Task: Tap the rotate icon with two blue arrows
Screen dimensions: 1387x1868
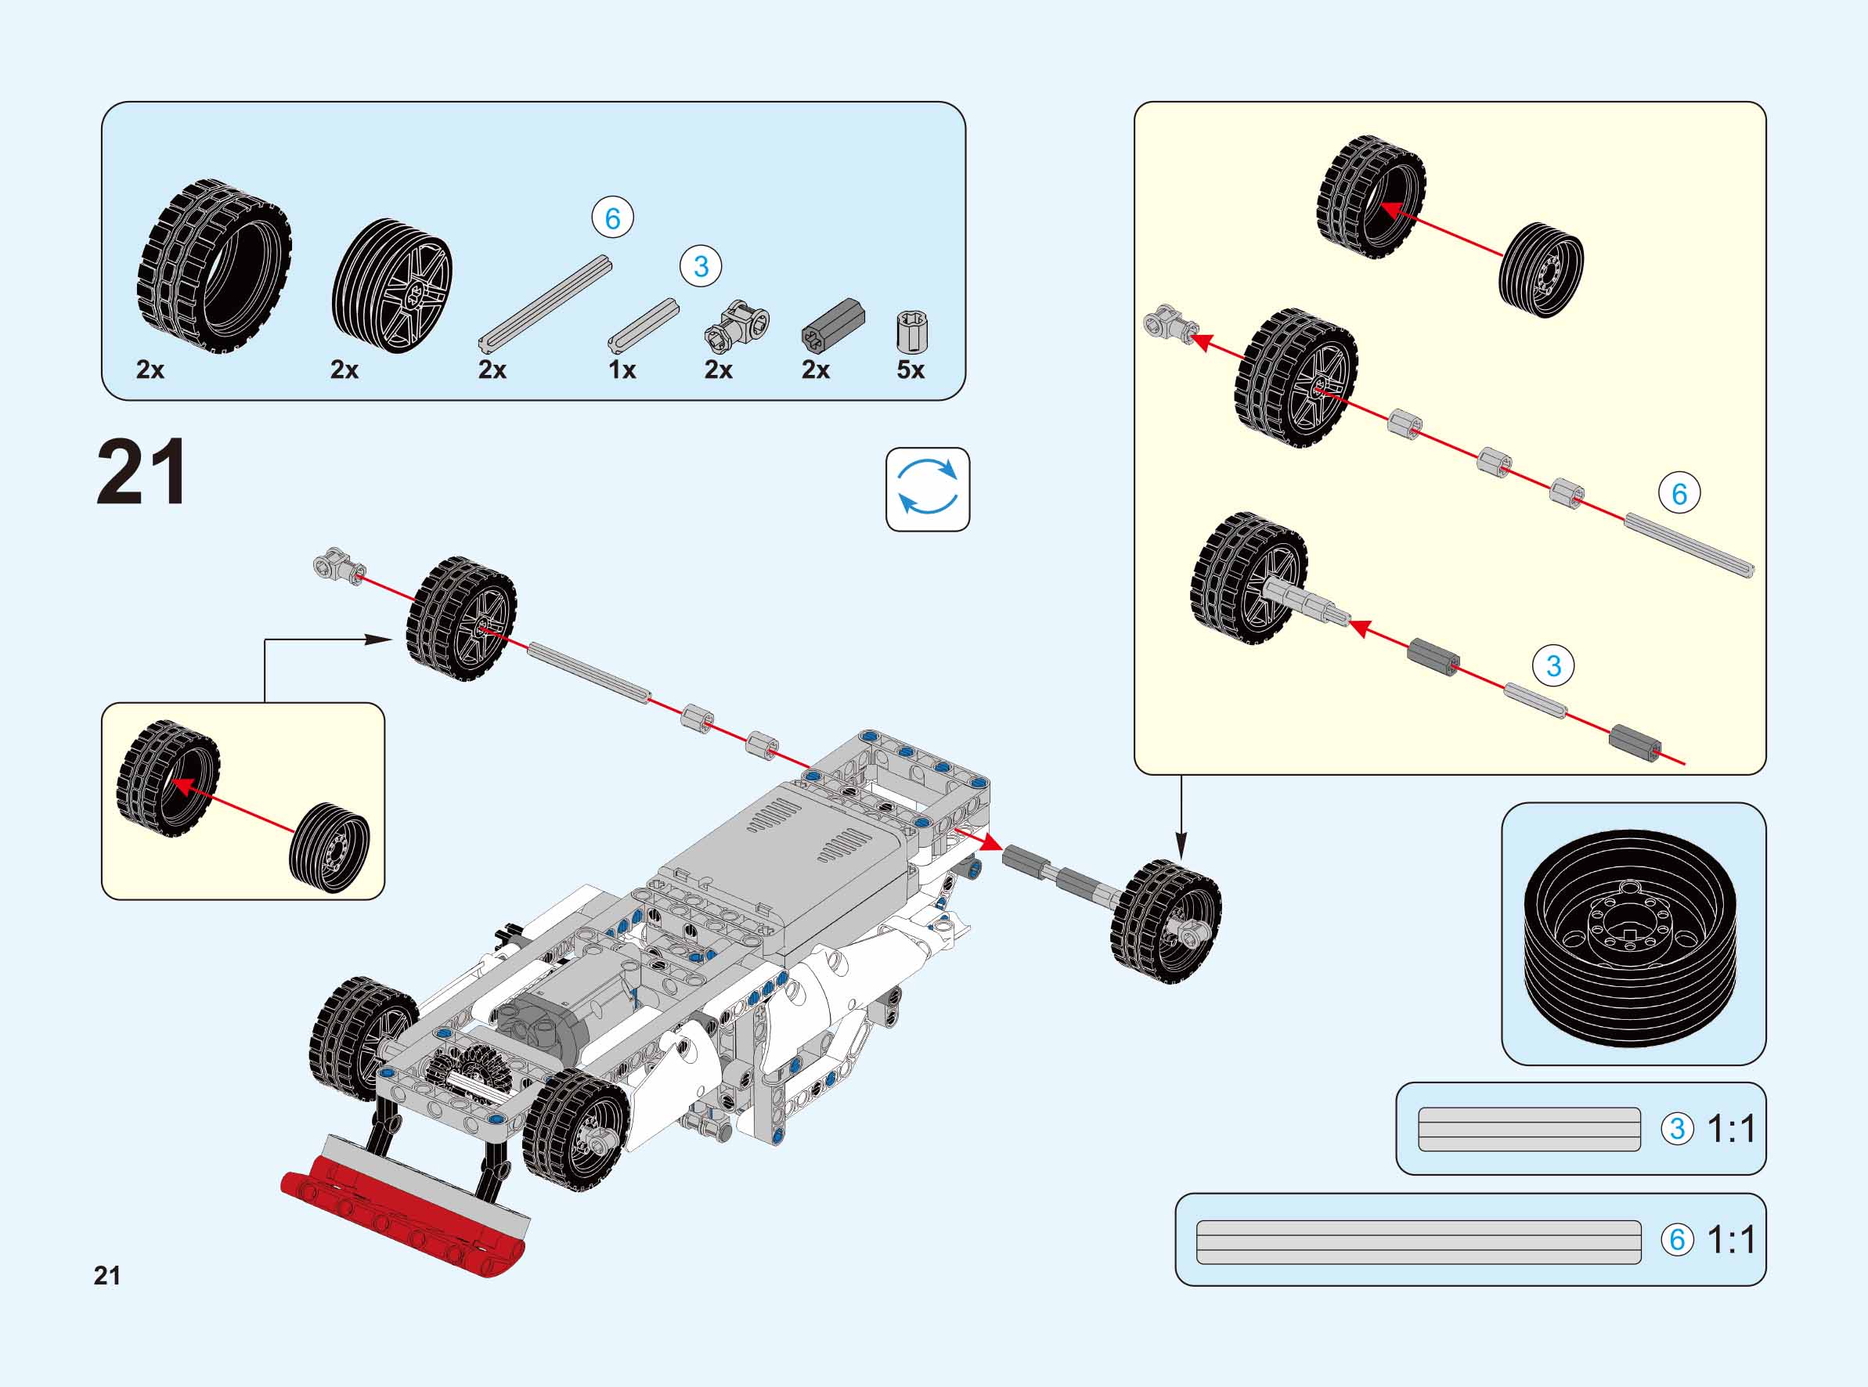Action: [x=927, y=488]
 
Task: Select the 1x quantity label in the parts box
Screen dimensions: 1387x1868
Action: [x=622, y=369]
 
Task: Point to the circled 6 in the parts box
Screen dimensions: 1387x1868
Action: [x=612, y=218]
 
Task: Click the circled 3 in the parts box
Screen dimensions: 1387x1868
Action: [x=700, y=267]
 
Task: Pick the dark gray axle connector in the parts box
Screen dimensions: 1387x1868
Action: [x=832, y=326]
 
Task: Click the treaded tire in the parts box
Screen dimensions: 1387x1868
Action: [x=214, y=265]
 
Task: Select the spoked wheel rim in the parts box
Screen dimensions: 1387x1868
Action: [x=392, y=286]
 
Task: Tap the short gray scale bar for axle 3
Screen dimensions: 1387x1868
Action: [x=1528, y=1129]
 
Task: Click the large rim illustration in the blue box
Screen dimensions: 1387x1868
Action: [x=1632, y=933]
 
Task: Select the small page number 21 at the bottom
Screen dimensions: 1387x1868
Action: [x=106, y=1276]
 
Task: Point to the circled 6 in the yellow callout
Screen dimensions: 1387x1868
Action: [x=1679, y=494]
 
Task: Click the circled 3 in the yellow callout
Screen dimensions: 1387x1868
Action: [x=1552, y=666]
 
